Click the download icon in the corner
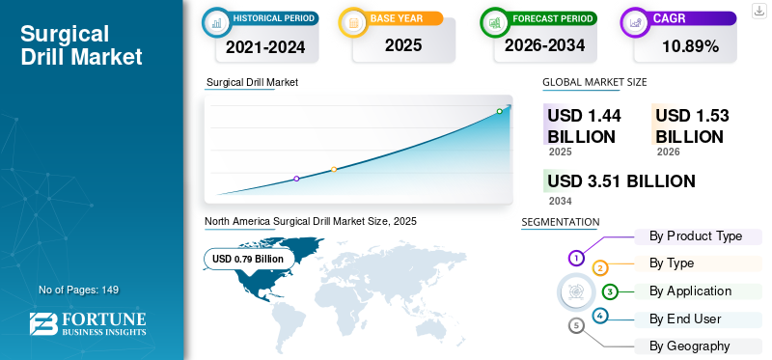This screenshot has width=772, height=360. pos(758,11)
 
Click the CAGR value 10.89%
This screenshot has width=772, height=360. pos(690,45)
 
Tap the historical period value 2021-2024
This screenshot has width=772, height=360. pos(265,45)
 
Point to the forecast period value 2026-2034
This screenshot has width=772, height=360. pos(543,45)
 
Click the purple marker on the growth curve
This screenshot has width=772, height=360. pos(296,179)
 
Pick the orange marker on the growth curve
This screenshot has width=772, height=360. pos(334,170)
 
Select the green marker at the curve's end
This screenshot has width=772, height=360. pos(499,111)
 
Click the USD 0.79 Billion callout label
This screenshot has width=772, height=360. pos(248,259)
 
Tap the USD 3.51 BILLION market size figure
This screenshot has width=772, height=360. pos(621,181)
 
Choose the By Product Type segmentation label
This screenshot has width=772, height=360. pos(696,236)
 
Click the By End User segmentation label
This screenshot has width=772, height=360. pos(685,318)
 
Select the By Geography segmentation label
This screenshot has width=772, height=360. pos(689,346)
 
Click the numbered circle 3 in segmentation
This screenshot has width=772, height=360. pos(610,291)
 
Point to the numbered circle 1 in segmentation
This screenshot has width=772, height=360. pos(576,258)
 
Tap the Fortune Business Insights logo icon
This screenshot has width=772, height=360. pos(42,324)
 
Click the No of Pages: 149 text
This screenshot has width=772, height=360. pos(78,290)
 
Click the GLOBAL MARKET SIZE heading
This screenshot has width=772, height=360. pos(594,83)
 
